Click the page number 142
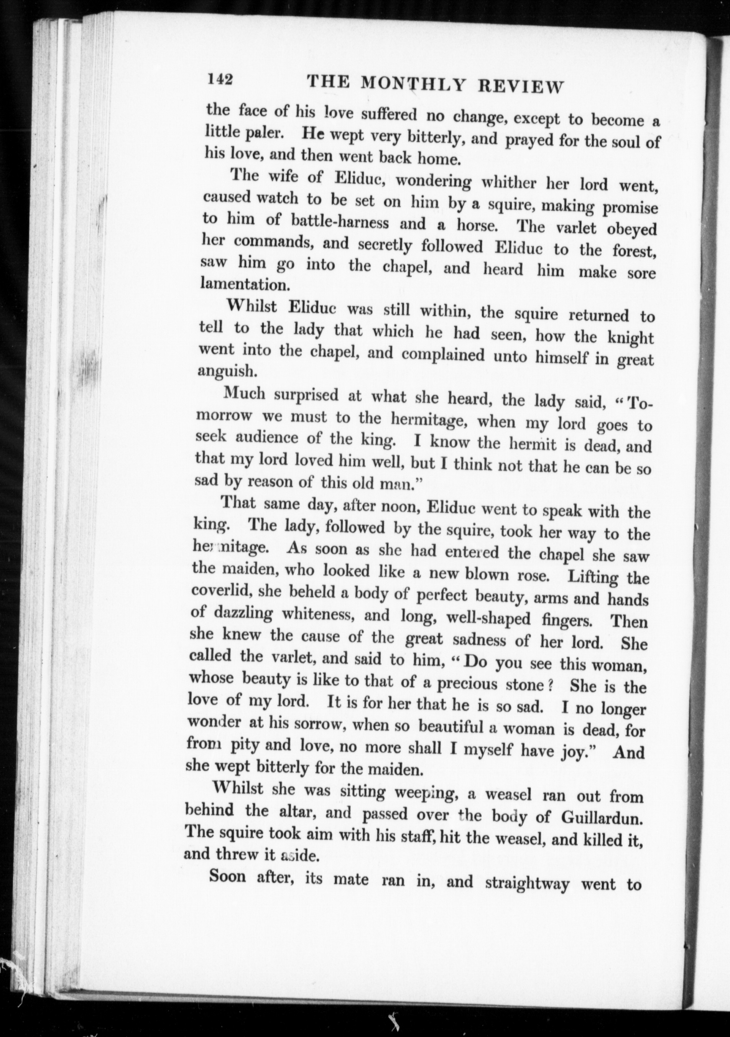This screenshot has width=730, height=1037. tap(220, 79)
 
